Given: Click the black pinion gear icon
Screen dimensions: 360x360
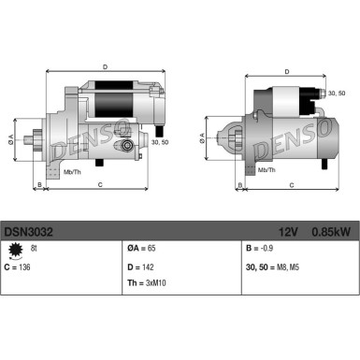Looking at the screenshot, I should coord(13,250).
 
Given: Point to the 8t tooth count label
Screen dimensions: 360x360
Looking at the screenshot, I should coord(35,249).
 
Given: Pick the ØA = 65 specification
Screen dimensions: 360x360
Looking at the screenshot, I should coord(142,250).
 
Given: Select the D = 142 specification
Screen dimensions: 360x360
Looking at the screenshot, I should coord(140,266).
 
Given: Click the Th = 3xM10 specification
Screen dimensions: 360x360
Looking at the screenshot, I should coord(146,283).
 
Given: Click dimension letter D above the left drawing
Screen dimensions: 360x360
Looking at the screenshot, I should coord(104,66).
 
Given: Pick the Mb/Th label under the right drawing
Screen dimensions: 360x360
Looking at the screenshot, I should coord(266,169).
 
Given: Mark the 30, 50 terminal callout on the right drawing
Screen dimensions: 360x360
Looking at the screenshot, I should coord(335,94).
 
